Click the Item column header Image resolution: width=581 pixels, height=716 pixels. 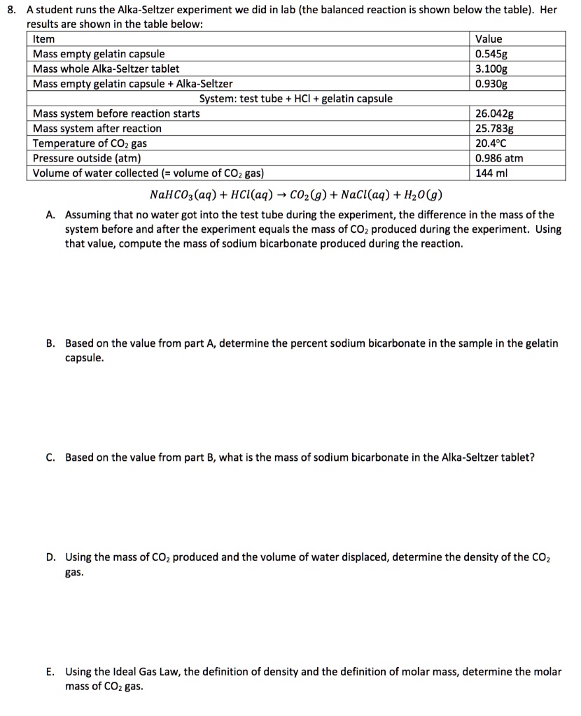pos(43,39)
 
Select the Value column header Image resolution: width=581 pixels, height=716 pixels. pos(489,39)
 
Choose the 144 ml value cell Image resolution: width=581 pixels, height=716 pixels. pos(489,173)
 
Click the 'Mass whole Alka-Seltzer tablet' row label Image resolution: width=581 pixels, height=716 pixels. pos(106,69)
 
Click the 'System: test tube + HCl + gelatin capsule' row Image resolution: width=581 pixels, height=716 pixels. pos(295,99)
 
